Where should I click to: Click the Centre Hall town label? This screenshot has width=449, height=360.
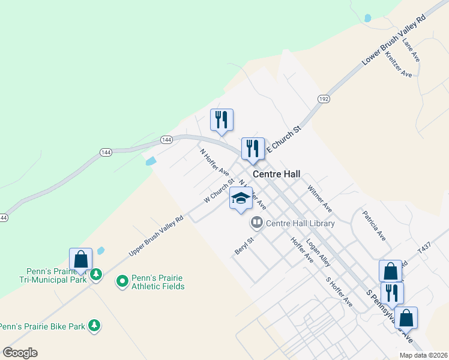tap(276, 175)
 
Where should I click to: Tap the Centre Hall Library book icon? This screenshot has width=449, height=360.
tap(257, 223)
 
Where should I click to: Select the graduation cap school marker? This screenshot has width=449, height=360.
tap(241, 199)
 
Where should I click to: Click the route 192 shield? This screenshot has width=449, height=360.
tap(324, 98)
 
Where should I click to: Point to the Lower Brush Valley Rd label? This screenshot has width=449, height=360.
tap(394, 41)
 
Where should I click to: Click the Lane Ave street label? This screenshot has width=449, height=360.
tap(411, 49)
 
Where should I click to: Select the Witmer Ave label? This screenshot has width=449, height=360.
tap(319, 198)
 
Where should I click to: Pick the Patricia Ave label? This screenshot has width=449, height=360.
tap(373, 225)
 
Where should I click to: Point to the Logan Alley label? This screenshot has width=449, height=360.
tap(318, 253)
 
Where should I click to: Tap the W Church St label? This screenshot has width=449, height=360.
tap(218, 190)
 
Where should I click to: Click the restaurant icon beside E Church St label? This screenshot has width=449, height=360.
tap(252, 149)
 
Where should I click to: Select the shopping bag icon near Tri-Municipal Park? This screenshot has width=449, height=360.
tap(80, 259)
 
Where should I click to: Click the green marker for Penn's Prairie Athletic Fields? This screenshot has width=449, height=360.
tap(122, 280)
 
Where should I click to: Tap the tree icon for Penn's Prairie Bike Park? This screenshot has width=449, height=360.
tap(94, 326)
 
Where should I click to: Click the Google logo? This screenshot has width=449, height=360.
tap(20, 353)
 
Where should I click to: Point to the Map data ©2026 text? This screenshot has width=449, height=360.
tap(423, 355)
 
